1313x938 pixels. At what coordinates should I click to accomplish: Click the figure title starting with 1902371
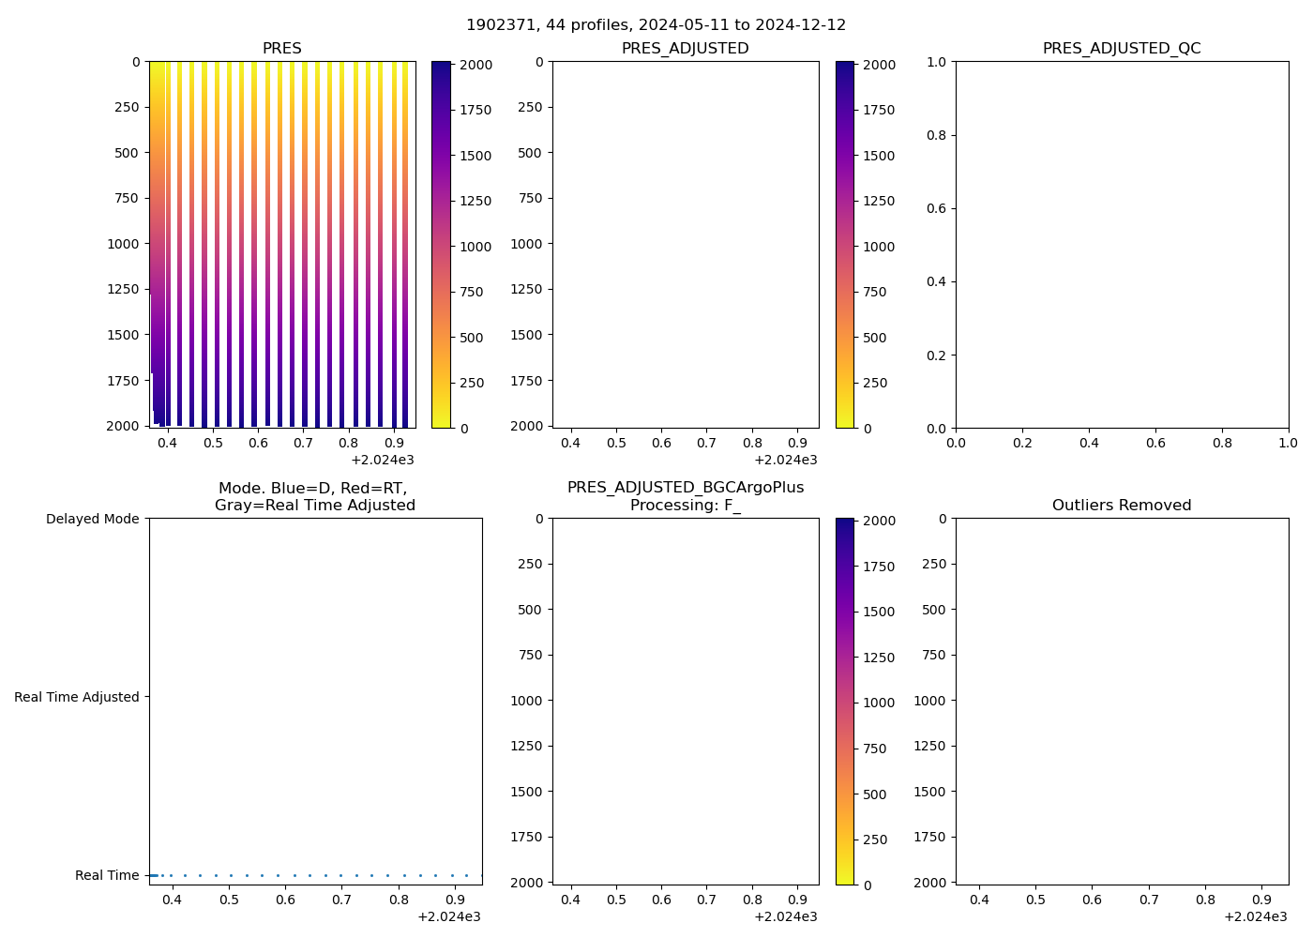coord(656,24)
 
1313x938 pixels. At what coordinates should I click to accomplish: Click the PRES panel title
coord(281,49)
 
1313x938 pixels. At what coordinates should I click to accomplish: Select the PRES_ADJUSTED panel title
coord(685,49)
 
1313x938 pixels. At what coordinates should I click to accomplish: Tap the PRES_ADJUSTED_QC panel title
coord(1122,49)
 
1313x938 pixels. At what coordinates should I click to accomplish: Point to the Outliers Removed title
coord(1122,506)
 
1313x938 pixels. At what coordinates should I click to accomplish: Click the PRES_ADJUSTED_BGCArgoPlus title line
coord(685,488)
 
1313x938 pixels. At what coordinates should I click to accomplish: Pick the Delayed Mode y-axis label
coord(92,519)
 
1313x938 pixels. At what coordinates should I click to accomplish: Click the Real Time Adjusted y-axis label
coord(77,697)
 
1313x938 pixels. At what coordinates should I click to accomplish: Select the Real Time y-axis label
coord(107,875)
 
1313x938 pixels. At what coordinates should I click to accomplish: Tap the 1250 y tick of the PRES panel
coord(124,289)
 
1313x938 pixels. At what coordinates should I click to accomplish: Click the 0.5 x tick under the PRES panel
coord(213,443)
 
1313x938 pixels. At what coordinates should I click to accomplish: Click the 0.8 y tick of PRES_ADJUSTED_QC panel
coord(938,135)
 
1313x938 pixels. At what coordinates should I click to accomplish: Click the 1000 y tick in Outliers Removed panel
coord(930,701)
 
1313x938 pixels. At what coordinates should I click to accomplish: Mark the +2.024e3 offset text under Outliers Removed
coord(1255,916)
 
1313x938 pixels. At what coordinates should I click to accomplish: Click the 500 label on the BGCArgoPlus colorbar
coord(874,794)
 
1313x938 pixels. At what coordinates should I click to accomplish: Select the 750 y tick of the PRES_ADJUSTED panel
coord(527,198)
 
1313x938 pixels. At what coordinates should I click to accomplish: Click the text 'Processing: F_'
coord(685,506)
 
